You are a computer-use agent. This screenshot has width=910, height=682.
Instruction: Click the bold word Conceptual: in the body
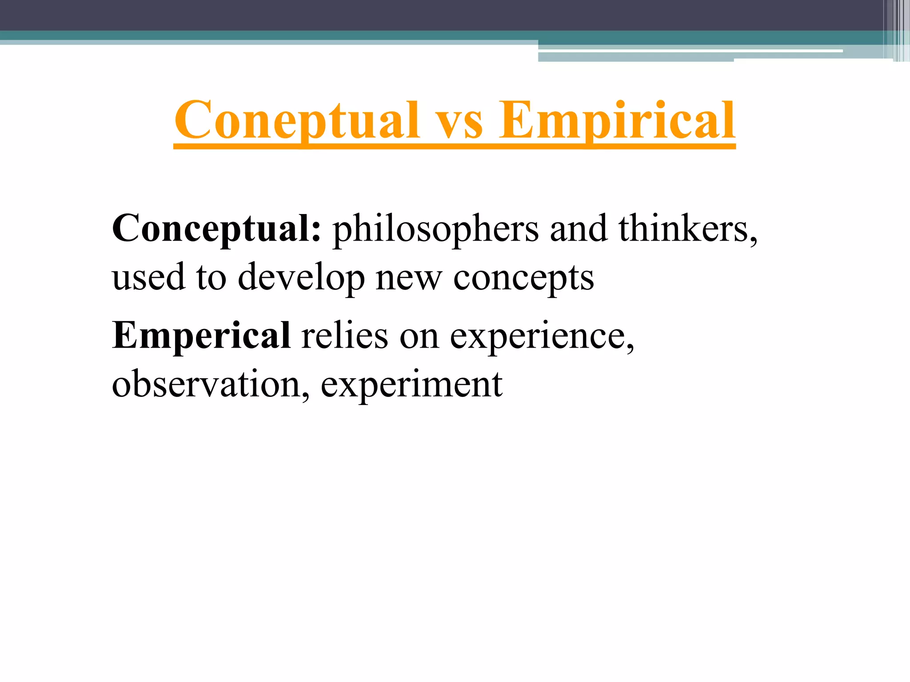(x=216, y=229)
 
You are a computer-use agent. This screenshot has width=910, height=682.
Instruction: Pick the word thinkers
(x=684, y=228)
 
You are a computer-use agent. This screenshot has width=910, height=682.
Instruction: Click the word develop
(x=301, y=278)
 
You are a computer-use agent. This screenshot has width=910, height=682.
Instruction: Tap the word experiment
(x=411, y=385)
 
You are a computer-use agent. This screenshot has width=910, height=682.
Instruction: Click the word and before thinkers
(x=579, y=228)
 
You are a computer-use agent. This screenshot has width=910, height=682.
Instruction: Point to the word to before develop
(x=211, y=278)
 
